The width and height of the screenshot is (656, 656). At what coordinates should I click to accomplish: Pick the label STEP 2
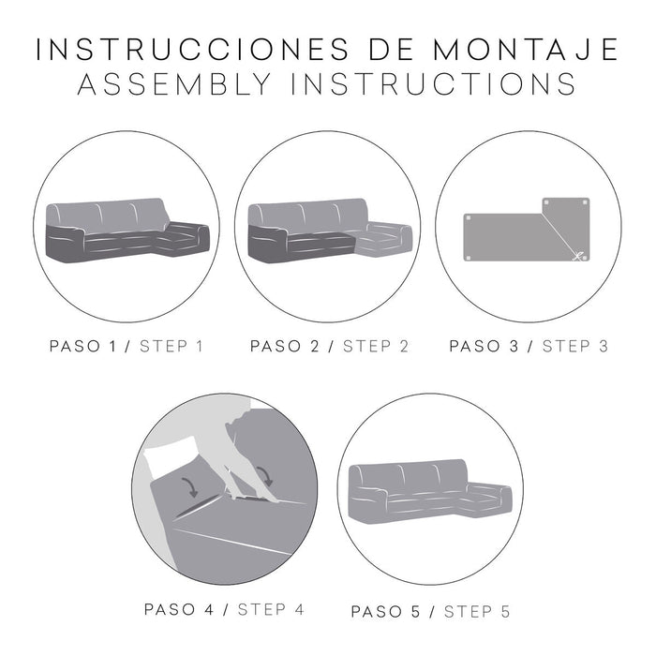376,346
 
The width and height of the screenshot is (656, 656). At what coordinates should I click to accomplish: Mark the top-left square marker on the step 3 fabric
468,217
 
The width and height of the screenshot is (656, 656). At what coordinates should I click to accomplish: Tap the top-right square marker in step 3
589,202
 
